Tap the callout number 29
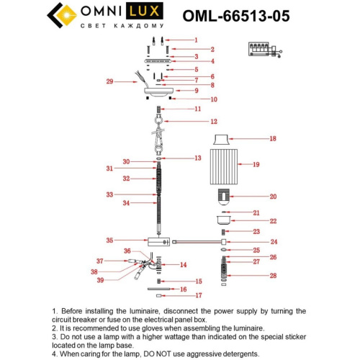[x=109, y=82]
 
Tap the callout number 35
[x=109, y=240]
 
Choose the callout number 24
[x=274, y=242]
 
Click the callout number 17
[x=199, y=295]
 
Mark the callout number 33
[x=109, y=194]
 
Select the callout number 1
[x=195, y=40]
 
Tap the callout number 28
[x=273, y=276]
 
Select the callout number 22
[x=273, y=221]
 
